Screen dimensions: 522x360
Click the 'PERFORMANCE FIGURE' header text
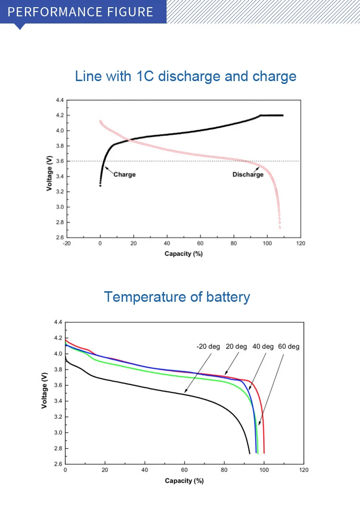tap(81, 12)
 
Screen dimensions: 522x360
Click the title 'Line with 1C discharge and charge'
tap(186, 76)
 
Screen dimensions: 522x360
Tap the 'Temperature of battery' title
tap(177, 297)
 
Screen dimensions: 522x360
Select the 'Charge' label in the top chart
tap(124, 175)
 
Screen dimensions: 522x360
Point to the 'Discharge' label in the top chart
tap(248, 175)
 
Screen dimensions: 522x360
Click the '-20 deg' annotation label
tap(208, 346)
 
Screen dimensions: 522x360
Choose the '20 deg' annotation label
tap(236, 346)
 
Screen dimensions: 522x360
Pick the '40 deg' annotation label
tap(263, 346)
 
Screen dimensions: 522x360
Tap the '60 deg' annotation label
tap(288, 346)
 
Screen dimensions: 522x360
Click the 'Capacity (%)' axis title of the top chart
tap(183, 254)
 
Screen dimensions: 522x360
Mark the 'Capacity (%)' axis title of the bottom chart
tap(184, 481)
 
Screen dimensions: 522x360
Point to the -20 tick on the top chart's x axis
tap(67, 243)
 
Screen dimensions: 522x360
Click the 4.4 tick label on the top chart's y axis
tap(59, 100)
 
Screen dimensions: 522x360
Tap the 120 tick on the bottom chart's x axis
tap(303, 470)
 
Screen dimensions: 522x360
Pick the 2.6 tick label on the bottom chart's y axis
tap(58, 464)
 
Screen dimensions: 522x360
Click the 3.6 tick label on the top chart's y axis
tap(59, 161)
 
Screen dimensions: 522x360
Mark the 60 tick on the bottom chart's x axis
tap(184, 470)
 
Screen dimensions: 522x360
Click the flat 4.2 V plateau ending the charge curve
tap(272, 116)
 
